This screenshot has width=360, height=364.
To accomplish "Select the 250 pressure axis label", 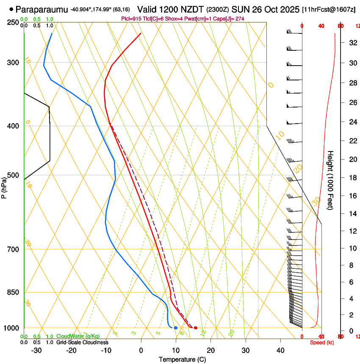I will [x=13, y=22].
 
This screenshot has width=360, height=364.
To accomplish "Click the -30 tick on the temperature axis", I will [x=36, y=350].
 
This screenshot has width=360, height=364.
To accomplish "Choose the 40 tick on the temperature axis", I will [x=280, y=350].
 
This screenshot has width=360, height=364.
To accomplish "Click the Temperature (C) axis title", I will [x=182, y=359].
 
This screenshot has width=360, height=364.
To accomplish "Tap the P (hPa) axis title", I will [x=4, y=186].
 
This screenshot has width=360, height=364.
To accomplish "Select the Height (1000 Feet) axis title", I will [x=330, y=180].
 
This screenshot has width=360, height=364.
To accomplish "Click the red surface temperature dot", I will [x=196, y=328].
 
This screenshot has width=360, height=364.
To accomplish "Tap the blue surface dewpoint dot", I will [x=176, y=328].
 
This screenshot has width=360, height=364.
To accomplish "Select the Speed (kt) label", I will [x=321, y=342].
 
